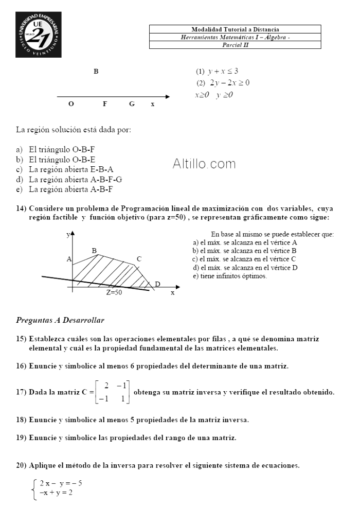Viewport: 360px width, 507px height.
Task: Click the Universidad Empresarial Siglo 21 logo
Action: click(39, 34)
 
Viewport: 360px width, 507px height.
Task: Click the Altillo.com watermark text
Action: click(204, 164)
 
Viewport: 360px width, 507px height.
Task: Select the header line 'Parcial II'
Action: click(235, 45)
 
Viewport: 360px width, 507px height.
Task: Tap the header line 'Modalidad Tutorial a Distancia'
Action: click(235, 29)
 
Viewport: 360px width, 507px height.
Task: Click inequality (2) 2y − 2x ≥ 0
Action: click(222, 82)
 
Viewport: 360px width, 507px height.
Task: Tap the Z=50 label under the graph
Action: click(114, 292)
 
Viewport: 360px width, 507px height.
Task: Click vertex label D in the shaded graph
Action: click(157, 284)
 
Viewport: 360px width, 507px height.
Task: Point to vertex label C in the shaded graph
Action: click(139, 259)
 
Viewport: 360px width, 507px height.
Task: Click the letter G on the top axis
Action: click(132, 104)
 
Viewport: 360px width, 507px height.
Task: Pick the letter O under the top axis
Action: click(71, 104)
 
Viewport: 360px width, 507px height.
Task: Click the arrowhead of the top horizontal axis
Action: click(167, 96)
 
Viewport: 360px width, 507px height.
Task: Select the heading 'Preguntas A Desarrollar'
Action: click(60, 320)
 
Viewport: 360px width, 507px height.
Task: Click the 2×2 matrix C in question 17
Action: click(114, 392)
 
